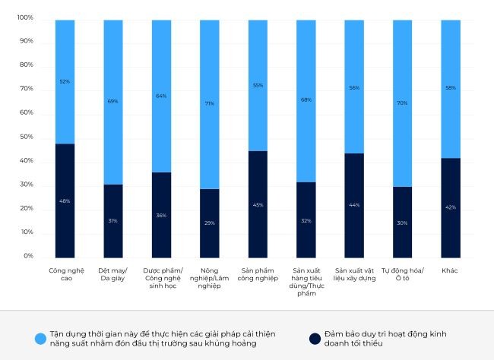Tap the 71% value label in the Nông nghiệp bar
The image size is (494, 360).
[210, 103]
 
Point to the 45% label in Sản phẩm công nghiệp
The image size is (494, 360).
[258, 204]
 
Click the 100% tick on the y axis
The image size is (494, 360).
[26, 17]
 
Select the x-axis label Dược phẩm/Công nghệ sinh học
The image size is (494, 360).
[161, 275]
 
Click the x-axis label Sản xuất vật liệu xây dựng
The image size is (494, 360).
[354, 275]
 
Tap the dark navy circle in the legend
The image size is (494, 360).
[313, 339]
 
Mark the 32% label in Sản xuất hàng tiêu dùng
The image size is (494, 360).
[306, 220]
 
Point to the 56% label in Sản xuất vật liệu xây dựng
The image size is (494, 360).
[354, 88]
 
